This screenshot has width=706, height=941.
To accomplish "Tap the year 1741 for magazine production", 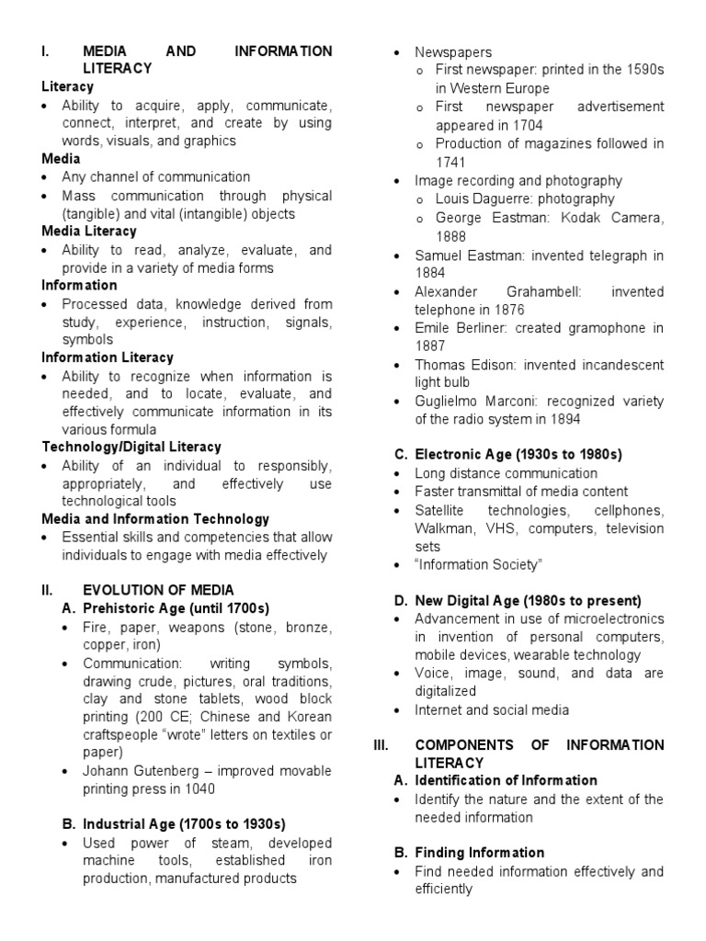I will tap(451, 161).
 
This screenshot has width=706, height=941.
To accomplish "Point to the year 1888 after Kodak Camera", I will tap(451, 235).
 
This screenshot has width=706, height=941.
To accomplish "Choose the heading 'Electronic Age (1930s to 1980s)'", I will tap(518, 454).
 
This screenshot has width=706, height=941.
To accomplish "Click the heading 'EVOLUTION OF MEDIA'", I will tap(158, 589).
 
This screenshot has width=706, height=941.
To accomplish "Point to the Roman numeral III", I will tap(381, 744).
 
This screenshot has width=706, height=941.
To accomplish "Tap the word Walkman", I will tap(441, 528).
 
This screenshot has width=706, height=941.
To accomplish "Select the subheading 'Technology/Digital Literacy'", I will tap(131, 447).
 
